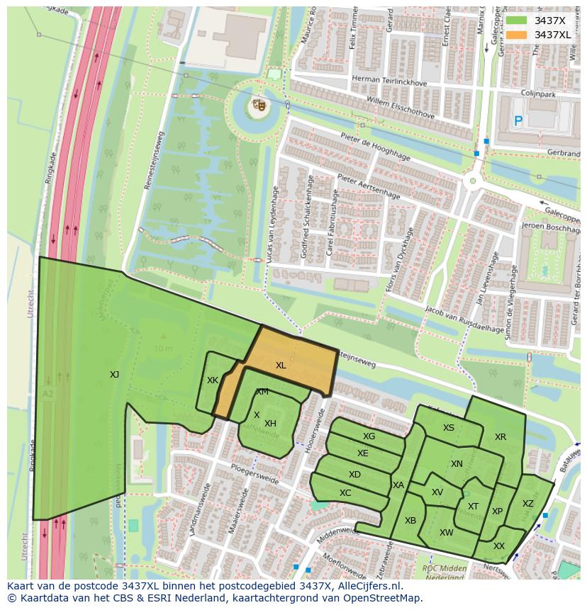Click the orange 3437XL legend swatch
(x=516, y=35)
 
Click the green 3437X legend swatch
(x=516, y=21)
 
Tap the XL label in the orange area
(x=281, y=366)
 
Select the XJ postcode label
(x=114, y=375)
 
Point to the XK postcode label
(x=212, y=380)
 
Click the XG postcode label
(x=369, y=436)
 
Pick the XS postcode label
(x=448, y=428)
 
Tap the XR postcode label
(x=501, y=437)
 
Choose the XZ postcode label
(x=527, y=504)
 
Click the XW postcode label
(x=446, y=533)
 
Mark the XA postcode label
(x=398, y=485)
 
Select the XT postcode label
(x=473, y=507)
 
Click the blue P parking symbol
(x=518, y=121)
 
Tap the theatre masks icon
(x=258, y=106)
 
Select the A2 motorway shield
(x=47, y=393)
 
